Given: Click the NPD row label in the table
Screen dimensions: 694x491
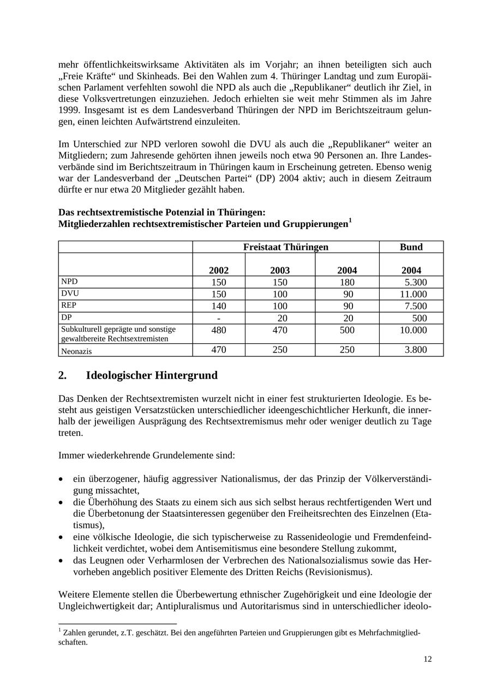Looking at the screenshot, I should [69, 282].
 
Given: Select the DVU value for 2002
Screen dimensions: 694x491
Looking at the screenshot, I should [218, 294].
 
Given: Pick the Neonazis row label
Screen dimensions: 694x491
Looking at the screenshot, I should [76, 351].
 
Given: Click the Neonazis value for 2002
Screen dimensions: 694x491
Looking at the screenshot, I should [218, 350].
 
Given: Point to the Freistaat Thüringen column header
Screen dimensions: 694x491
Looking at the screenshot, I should [285, 247].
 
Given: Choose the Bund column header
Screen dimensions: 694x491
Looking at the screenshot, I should [411, 247].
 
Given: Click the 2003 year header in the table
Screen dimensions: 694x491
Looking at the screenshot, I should [280, 270].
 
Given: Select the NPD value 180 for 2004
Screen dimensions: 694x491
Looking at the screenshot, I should [347, 282].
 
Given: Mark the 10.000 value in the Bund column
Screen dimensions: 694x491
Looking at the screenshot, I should [414, 330].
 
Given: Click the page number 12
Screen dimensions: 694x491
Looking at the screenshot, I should [428, 659].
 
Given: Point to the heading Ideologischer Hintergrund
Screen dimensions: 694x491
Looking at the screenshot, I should [152, 375].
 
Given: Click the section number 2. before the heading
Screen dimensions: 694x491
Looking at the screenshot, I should [62, 375].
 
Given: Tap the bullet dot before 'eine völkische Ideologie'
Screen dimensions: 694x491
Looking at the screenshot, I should [61, 537].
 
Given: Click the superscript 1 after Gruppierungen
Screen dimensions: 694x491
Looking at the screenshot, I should [350, 221].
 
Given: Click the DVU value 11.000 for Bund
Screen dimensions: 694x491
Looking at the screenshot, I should [414, 294].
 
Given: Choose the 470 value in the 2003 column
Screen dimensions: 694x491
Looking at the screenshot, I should [280, 330].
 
